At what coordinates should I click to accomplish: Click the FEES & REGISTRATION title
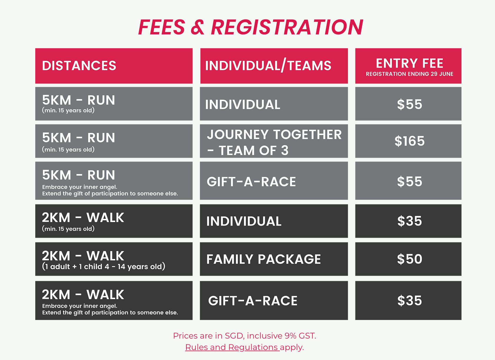pos(250,27)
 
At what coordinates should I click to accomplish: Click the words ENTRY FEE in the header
pos(409,64)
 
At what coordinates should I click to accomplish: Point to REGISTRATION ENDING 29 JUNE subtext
pos(409,74)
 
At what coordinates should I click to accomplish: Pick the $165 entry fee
pos(409,141)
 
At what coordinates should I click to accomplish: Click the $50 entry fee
pos(409,259)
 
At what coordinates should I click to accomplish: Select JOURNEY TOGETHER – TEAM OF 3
pos(274,142)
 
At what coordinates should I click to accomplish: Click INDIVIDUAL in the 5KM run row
pos(243,104)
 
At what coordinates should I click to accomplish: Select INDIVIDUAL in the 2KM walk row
pos(244,221)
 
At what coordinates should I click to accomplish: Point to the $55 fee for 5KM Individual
pos(409,104)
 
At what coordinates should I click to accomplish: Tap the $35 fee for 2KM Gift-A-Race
pos(409,301)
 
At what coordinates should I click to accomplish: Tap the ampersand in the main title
pos(198,27)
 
